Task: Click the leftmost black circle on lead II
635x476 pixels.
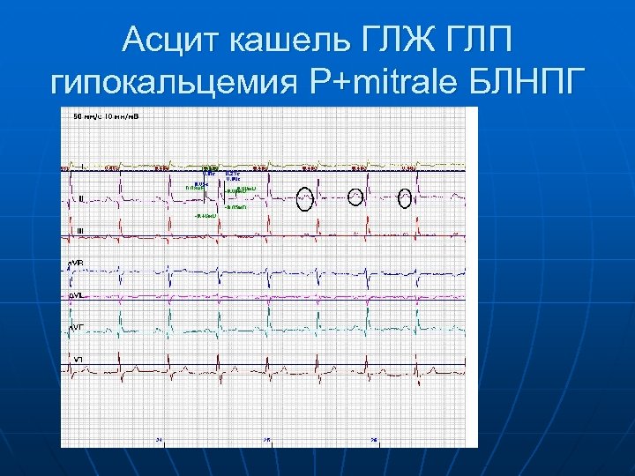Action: tap(305, 198)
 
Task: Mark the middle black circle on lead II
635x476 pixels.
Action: tap(355, 197)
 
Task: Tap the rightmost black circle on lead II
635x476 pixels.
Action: tap(405, 198)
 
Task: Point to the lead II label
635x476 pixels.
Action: tap(80, 198)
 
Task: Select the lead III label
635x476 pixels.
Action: tap(81, 231)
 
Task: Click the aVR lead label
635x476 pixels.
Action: tap(77, 264)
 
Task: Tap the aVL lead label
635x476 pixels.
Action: tap(77, 295)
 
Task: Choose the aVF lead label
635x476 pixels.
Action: tap(77, 327)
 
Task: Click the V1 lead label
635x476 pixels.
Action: tap(78, 359)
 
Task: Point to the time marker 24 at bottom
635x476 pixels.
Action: tap(159, 439)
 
